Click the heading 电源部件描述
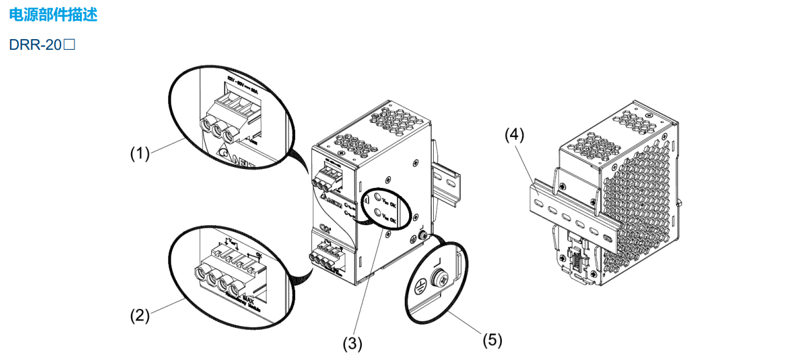pyautogui.click(x=53, y=15)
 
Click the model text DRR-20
pyautogui.click(x=37, y=45)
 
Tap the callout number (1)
pyautogui.click(x=139, y=153)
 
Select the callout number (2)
pyautogui.click(x=139, y=315)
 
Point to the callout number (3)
pyautogui.click(x=352, y=344)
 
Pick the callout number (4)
pyautogui.click(x=514, y=134)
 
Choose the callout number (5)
pyautogui.click(x=492, y=340)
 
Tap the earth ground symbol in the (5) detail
pyautogui.click(x=417, y=285)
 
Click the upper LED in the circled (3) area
pyautogui.click(x=378, y=196)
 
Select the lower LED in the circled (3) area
pyautogui.click(x=378, y=214)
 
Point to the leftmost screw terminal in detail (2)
pyautogui.click(x=200, y=273)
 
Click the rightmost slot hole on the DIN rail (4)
pyautogui.click(x=606, y=239)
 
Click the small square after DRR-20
pyautogui.click(x=69, y=45)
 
